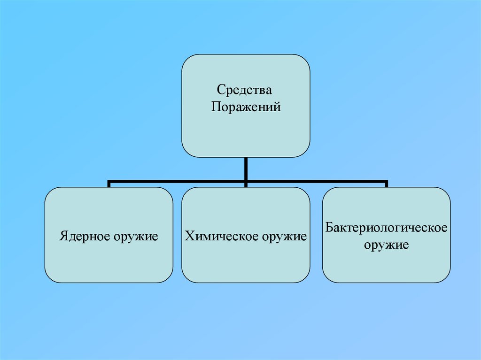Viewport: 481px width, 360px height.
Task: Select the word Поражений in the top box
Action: (x=246, y=107)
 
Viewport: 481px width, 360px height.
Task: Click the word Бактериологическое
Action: (x=386, y=228)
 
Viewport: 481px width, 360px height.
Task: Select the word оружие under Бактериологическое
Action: (x=386, y=245)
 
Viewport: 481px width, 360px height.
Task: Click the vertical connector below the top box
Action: (x=246, y=168)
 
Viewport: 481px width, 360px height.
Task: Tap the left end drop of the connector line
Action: (x=109, y=184)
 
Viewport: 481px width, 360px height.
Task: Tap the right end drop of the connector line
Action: (x=386, y=184)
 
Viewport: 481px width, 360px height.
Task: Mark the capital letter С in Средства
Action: (x=220, y=89)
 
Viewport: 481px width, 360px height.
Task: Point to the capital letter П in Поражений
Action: (x=215, y=107)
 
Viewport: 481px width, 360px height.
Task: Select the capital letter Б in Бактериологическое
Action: (x=329, y=228)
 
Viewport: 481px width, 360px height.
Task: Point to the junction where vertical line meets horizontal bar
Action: (x=246, y=181)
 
